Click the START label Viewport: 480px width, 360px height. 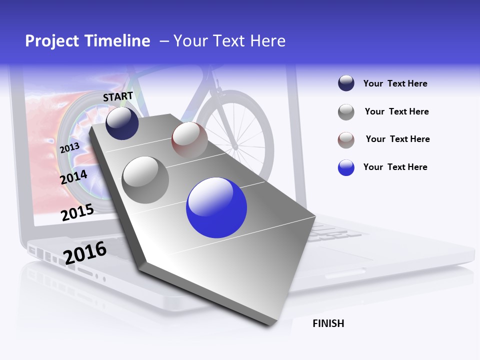coord(118,96)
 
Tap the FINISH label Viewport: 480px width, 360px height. coord(328,323)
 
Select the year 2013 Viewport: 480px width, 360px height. coord(69,147)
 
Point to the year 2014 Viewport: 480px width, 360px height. coord(74,177)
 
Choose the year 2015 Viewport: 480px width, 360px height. coord(77,212)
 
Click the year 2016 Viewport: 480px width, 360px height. coord(85,252)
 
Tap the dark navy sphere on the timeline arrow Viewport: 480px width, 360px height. coord(122,123)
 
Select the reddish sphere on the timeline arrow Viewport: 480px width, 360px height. coord(189,140)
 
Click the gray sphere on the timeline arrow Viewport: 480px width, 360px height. coord(145,180)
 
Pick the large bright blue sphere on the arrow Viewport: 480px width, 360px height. coord(216,207)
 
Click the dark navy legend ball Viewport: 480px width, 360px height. coord(346,83)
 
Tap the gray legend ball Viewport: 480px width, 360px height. coord(346,112)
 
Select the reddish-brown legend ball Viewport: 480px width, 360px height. coord(346,140)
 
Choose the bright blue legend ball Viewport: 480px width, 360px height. coord(346,167)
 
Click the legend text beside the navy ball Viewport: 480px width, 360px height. coord(395,83)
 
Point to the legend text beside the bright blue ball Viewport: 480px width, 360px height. coord(395,167)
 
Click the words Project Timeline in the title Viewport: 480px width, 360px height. coord(87,41)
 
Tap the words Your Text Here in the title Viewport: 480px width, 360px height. coord(229,41)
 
